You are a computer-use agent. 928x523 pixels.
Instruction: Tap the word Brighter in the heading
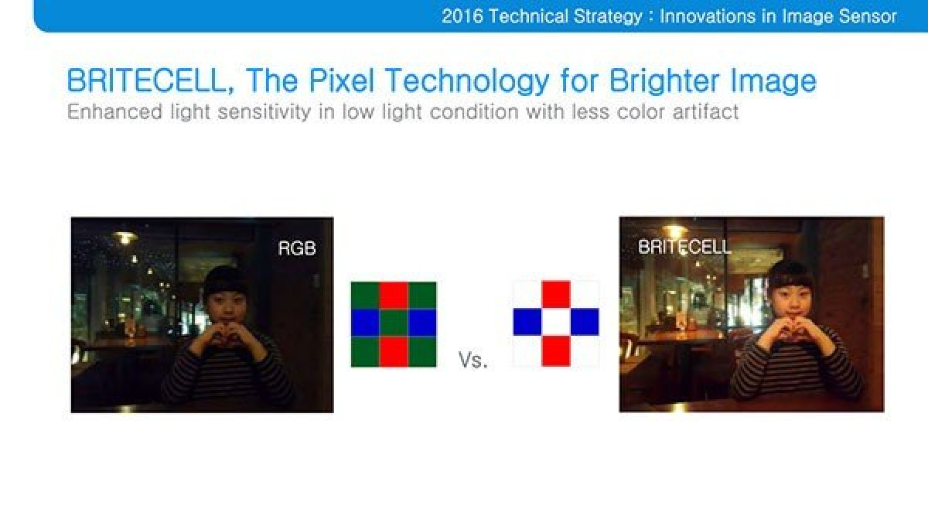[664, 81]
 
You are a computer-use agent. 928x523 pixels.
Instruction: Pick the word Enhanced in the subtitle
[114, 112]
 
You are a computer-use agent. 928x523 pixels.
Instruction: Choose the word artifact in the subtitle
[705, 112]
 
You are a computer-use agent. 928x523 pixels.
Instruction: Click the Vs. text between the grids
[473, 359]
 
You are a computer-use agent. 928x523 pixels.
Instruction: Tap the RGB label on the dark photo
[297, 248]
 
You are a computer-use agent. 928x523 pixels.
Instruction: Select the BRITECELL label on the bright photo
[684, 247]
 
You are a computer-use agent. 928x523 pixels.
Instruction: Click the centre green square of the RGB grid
[394, 323]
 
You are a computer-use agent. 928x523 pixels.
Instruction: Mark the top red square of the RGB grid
[394, 296]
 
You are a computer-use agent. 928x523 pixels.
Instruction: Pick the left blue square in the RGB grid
[365, 323]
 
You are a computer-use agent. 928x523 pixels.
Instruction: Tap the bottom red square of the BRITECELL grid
[556, 350]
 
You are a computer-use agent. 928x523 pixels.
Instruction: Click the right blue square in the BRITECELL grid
[585, 322]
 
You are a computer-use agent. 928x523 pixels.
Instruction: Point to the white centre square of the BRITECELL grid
[556, 322]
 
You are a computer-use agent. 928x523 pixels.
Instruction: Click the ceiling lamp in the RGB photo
[125, 237]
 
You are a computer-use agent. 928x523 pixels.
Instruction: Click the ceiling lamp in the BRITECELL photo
[675, 231]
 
